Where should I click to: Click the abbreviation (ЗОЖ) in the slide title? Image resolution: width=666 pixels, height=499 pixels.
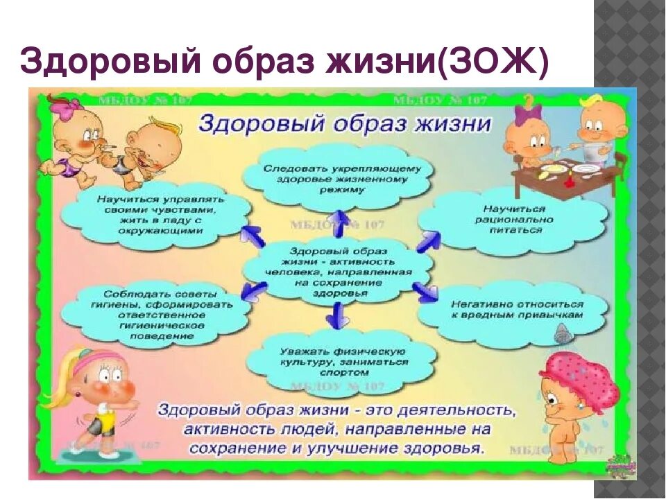pyautogui.click(x=499, y=62)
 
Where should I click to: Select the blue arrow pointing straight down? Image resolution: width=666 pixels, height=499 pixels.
pyautogui.click(x=338, y=318)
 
